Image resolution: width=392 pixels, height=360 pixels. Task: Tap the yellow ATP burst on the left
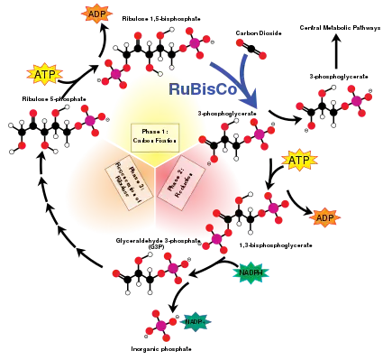pyautogui.click(x=44, y=73)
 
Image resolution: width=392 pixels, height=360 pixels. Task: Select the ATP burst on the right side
pyautogui.click(x=299, y=161)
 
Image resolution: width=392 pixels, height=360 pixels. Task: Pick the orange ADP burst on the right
pyautogui.click(x=324, y=217)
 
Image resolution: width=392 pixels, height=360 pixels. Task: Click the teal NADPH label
pyautogui.click(x=251, y=272)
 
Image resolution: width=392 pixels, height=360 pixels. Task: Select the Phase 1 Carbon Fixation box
pyautogui.click(x=156, y=137)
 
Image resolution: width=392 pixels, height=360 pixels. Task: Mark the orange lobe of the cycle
pyautogui.click(x=90, y=189)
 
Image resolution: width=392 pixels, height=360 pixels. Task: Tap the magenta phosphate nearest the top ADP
pyautogui.click(x=193, y=42)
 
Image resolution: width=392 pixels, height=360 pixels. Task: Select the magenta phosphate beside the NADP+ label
pyautogui.click(x=161, y=325)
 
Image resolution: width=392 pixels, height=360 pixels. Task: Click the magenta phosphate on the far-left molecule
pyautogui.click(x=90, y=121)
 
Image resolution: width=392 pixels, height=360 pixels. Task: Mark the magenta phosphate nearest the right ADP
pyautogui.click(x=273, y=208)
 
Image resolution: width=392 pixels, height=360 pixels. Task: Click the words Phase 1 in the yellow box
pyautogui.click(x=155, y=132)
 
